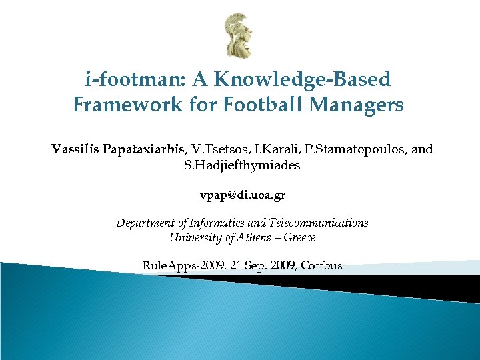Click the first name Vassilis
tap(75, 149)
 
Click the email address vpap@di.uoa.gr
tap(243, 196)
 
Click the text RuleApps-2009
tap(183, 265)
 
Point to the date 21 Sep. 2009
tap(263, 265)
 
